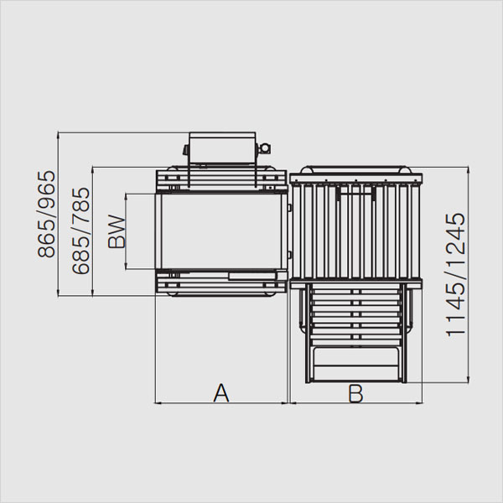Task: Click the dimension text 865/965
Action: [x=46, y=215]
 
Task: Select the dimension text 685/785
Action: [x=80, y=231]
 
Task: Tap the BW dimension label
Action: [x=117, y=231]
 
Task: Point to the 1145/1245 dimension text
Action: [x=455, y=275]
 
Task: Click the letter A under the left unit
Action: [x=221, y=392]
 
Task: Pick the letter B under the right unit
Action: [x=355, y=393]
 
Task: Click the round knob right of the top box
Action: [x=264, y=148]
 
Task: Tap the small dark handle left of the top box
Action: [x=186, y=150]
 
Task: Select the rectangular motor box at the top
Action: [x=222, y=148]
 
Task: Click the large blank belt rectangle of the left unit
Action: [x=221, y=231]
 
